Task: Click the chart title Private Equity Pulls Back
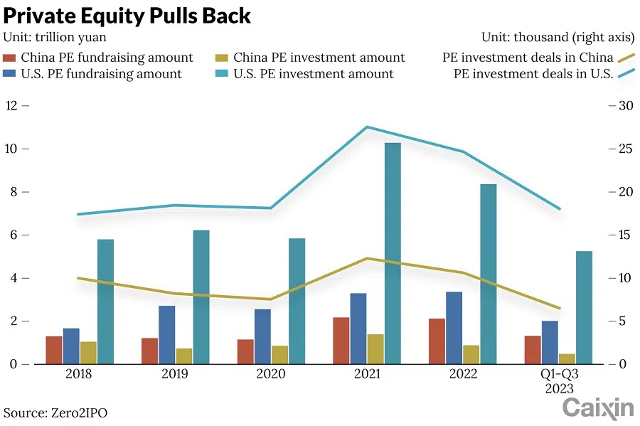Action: coord(127,16)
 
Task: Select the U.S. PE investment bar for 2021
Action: coord(393,253)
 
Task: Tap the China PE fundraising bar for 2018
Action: coord(54,350)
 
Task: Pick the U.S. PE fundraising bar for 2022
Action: coord(454,328)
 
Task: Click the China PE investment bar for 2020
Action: coord(279,355)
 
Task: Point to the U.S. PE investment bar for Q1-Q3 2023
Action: coord(584,307)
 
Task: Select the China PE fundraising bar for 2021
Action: coord(341,341)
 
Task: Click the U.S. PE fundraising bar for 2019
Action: coord(167,335)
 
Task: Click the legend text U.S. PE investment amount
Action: coord(314,74)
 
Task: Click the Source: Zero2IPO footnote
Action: coord(56,412)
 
